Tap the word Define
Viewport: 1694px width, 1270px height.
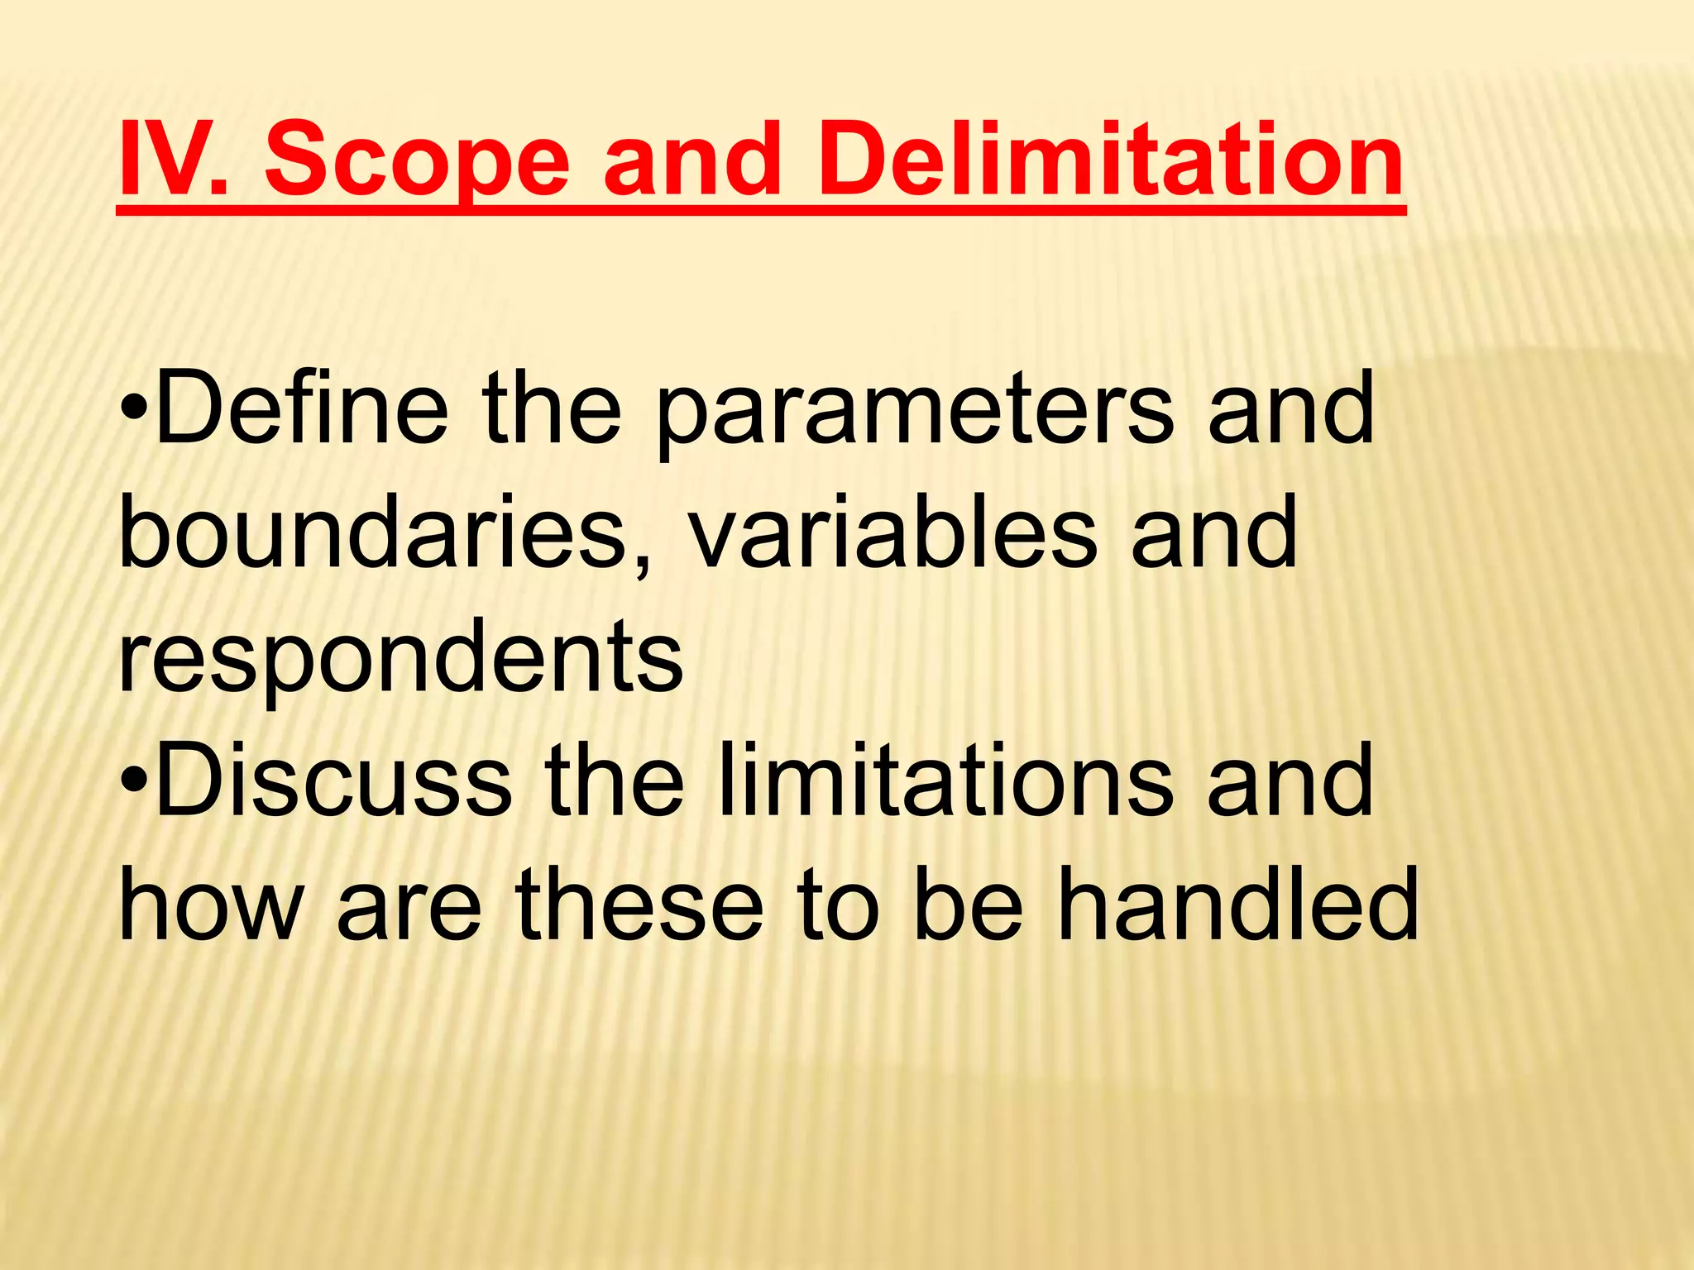[x=302, y=408]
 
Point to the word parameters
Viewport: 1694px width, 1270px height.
[x=915, y=413]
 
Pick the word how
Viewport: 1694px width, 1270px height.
[x=211, y=905]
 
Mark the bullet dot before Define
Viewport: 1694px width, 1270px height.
[x=134, y=410]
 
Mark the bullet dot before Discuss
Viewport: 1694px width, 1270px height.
[x=134, y=782]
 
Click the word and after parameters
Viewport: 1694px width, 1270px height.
[x=1290, y=408]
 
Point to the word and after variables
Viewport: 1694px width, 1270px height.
[x=1213, y=532]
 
